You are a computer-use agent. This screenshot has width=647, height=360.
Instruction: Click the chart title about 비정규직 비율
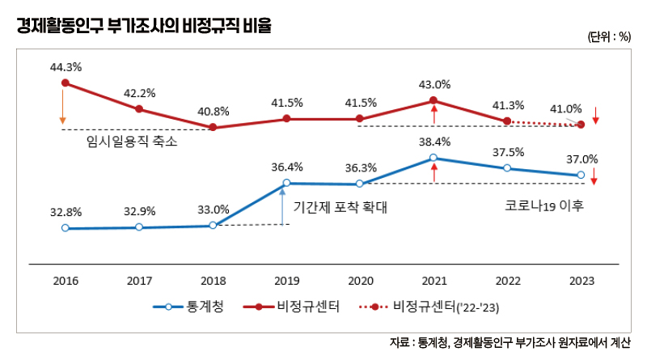pyautogui.click(x=145, y=26)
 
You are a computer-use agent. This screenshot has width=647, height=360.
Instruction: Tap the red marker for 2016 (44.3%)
pyautogui.click(x=65, y=83)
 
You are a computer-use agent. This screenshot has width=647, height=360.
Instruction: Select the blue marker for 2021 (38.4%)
pyautogui.click(x=433, y=158)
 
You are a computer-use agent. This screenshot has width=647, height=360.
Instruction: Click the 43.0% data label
pyautogui.click(x=434, y=84)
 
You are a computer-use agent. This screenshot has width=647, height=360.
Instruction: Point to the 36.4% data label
pyautogui.click(x=287, y=167)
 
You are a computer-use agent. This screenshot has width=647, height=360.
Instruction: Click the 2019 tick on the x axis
pyautogui.click(x=286, y=281)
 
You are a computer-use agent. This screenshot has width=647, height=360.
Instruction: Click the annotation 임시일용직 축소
pyautogui.click(x=131, y=141)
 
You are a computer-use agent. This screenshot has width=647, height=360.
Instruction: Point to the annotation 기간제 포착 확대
pyautogui.click(x=340, y=207)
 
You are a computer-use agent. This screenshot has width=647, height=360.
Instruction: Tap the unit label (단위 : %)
pyautogui.click(x=609, y=37)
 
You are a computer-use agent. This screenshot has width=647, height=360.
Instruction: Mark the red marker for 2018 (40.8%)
pyautogui.click(x=213, y=127)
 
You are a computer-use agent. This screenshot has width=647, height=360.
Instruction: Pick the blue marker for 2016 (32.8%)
pyautogui.click(x=65, y=228)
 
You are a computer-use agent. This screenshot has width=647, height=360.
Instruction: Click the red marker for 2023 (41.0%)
pyautogui.click(x=581, y=125)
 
